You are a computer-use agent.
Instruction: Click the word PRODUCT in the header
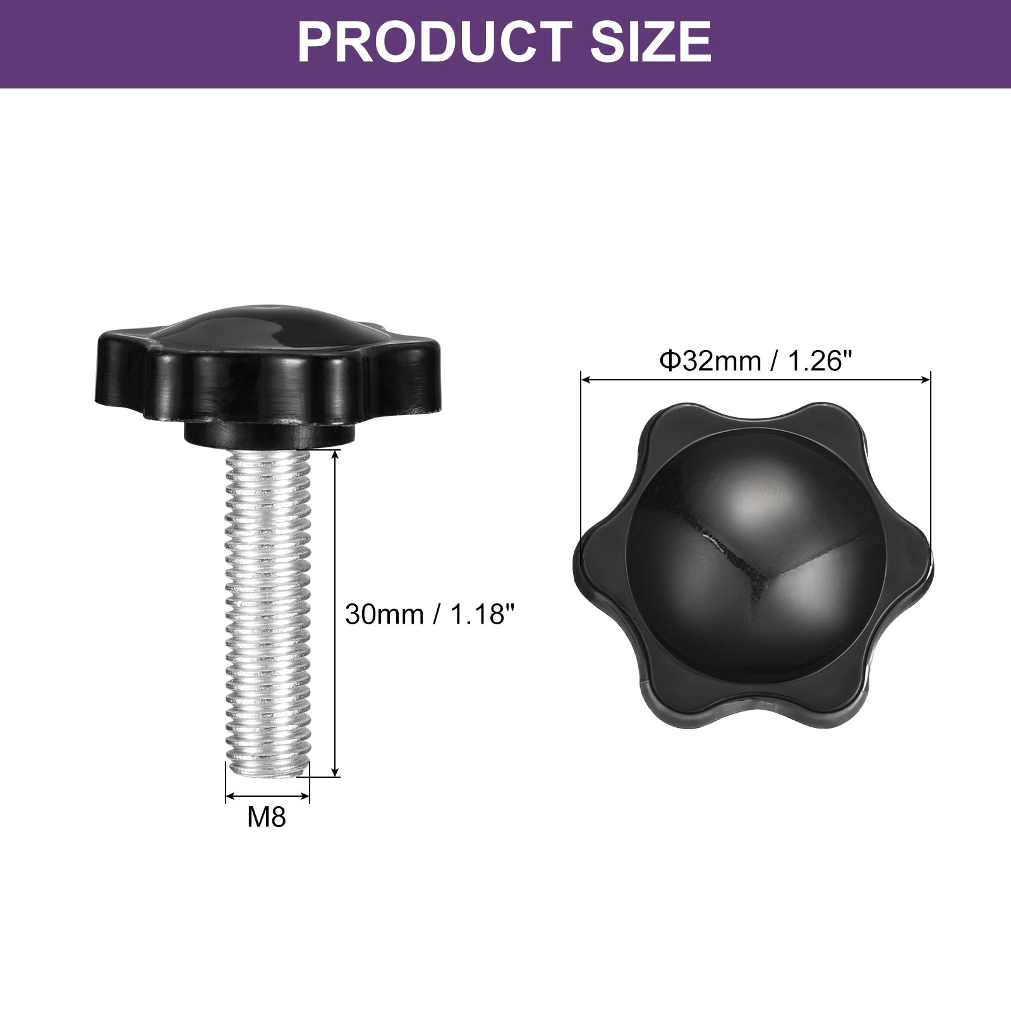pyautogui.click(x=435, y=42)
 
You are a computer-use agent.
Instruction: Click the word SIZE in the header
pyautogui.click(x=651, y=42)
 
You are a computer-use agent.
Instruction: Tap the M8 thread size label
pyautogui.click(x=267, y=817)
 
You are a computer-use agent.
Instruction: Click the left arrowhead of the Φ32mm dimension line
pyautogui.click(x=586, y=380)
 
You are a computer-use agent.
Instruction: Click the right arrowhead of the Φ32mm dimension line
pyautogui.click(x=926, y=380)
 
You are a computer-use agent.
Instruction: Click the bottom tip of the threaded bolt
pyautogui.click(x=268, y=776)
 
